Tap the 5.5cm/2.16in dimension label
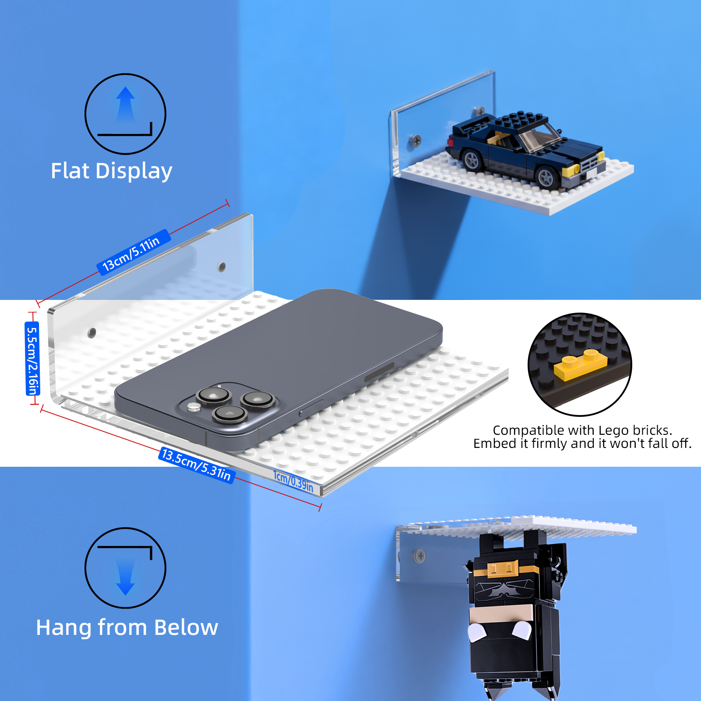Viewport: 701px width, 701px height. [x=32, y=359]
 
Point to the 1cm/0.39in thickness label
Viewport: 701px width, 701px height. [x=293, y=481]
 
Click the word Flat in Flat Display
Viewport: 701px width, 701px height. [x=70, y=171]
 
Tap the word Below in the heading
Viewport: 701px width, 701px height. [x=186, y=627]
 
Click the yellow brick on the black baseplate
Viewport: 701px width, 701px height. [x=581, y=364]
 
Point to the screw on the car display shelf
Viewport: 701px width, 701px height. [x=416, y=141]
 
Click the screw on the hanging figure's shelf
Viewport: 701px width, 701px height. [x=419, y=556]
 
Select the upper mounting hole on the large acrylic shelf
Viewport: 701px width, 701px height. [x=222, y=267]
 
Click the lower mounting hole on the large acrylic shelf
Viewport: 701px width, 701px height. [x=92, y=333]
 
